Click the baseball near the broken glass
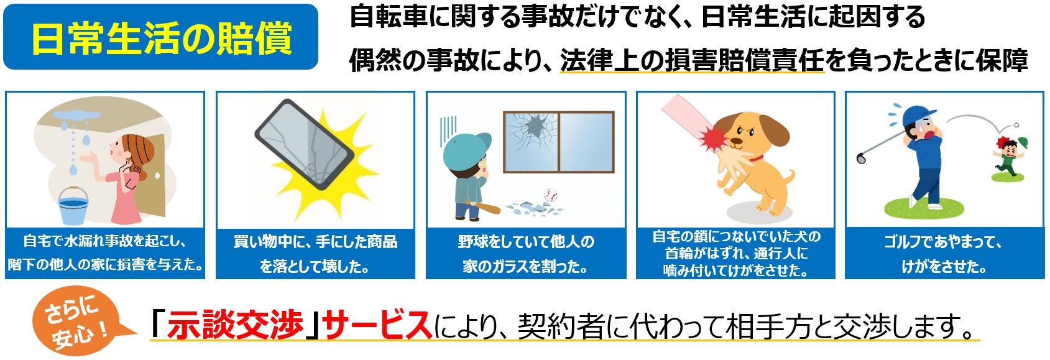pos(550,195)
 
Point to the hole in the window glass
pos(535,126)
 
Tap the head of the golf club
pos(860,158)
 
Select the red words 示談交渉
pos(236,325)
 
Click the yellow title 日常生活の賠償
pos(162,39)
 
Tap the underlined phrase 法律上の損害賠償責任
pos(691,60)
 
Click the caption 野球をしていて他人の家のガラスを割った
pos(526,254)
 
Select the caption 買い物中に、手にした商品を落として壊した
pos(315,254)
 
